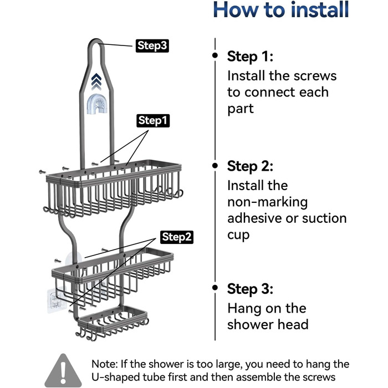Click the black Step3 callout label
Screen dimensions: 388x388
[152, 46]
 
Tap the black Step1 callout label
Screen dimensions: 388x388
[153, 121]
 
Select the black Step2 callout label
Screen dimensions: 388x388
[177, 237]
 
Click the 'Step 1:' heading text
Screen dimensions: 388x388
[250, 57]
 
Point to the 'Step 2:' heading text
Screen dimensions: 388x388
[250, 166]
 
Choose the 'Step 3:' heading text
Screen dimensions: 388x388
[250, 289]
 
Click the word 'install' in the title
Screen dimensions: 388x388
[320, 9]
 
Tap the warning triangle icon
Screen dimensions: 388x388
[63, 370]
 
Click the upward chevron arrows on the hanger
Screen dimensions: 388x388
[96, 81]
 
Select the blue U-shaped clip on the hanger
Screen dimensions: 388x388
[97, 104]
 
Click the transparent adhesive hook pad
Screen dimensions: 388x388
[57, 300]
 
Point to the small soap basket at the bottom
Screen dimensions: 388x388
[113, 321]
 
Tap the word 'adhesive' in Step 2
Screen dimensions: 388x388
[254, 218]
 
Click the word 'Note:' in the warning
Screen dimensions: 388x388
[105, 364]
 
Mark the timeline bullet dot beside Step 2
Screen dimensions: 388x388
[215, 165]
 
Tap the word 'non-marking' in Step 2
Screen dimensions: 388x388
[268, 202]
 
